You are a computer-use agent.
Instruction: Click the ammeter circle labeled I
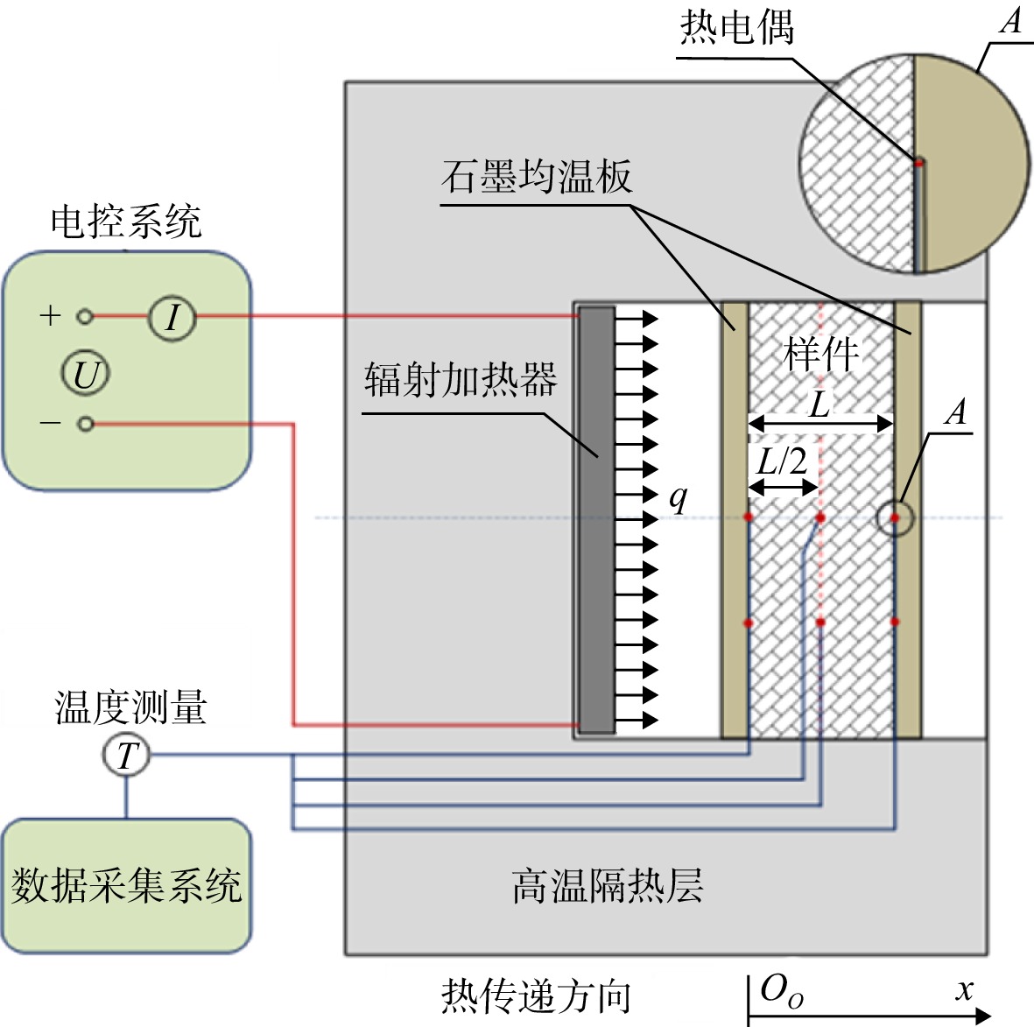172,317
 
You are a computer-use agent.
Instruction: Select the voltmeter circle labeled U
86,373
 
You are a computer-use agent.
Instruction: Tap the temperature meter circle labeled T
127,755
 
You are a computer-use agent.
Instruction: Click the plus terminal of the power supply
84,317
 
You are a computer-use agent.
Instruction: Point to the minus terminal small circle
85,424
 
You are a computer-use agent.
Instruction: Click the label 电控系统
126,221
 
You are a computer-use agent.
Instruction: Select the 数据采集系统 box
127,886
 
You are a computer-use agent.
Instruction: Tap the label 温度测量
130,707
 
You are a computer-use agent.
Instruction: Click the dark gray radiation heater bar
597,520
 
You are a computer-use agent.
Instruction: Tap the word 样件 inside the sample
821,354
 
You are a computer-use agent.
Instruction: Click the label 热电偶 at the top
736,28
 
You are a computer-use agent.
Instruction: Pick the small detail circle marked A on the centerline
895,517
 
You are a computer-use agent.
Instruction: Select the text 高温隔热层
608,886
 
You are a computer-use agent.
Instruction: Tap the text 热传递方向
536,996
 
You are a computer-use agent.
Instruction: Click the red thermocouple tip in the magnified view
918,162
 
